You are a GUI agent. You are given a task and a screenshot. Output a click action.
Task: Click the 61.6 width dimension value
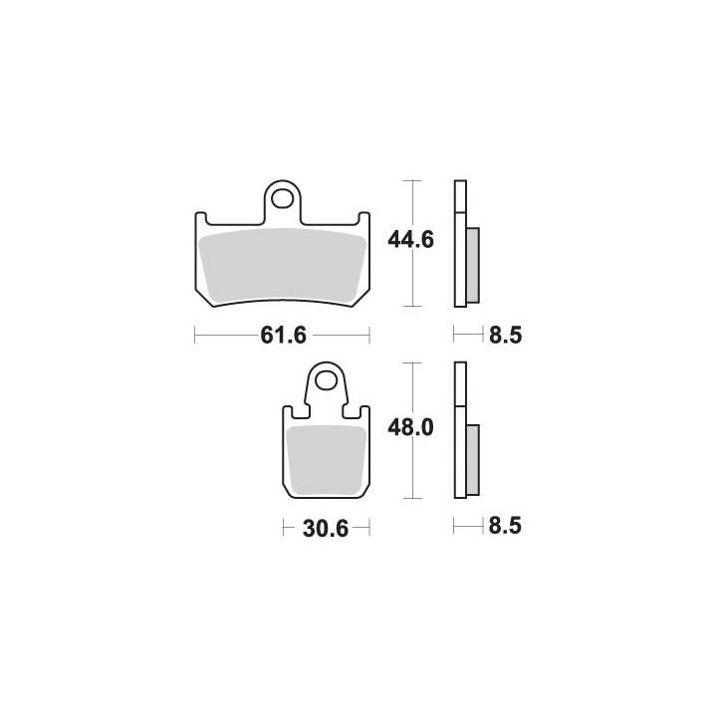(283, 336)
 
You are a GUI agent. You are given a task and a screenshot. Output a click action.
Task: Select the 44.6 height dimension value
(410, 240)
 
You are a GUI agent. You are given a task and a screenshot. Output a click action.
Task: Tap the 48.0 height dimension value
(410, 428)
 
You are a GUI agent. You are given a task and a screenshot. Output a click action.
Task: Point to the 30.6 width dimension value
(326, 529)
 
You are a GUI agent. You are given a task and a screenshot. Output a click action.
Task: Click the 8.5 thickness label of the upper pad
(505, 336)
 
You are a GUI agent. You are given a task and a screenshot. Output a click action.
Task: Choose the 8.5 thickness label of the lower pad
(505, 527)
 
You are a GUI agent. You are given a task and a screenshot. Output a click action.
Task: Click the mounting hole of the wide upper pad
(282, 199)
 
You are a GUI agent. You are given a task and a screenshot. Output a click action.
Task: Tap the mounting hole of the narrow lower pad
(326, 380)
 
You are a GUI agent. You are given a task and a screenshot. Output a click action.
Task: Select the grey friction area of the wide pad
(283, 266)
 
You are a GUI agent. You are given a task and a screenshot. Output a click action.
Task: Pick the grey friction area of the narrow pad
(326, 459)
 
